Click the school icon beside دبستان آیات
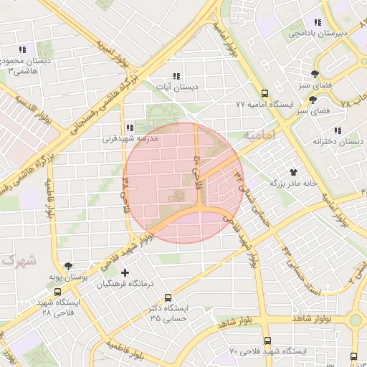point(176,76)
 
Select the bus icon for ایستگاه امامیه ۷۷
point(264,93)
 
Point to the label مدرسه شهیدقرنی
point(128,140)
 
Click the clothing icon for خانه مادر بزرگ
point(292,172)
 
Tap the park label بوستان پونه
point(67,277)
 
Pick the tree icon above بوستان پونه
point(68,265)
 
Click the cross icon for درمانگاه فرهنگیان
point(126,273)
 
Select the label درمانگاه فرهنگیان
point(125,285)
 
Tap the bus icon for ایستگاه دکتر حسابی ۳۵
point(168,297)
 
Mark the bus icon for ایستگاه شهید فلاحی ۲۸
point(57,292)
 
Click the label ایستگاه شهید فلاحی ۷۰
point(268,352)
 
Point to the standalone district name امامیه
point(259,135)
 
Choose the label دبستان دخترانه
point(338,142)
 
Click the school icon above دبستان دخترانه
point(337,130)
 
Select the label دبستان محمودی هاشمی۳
point(27,67)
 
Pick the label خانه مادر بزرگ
point(292,183)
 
